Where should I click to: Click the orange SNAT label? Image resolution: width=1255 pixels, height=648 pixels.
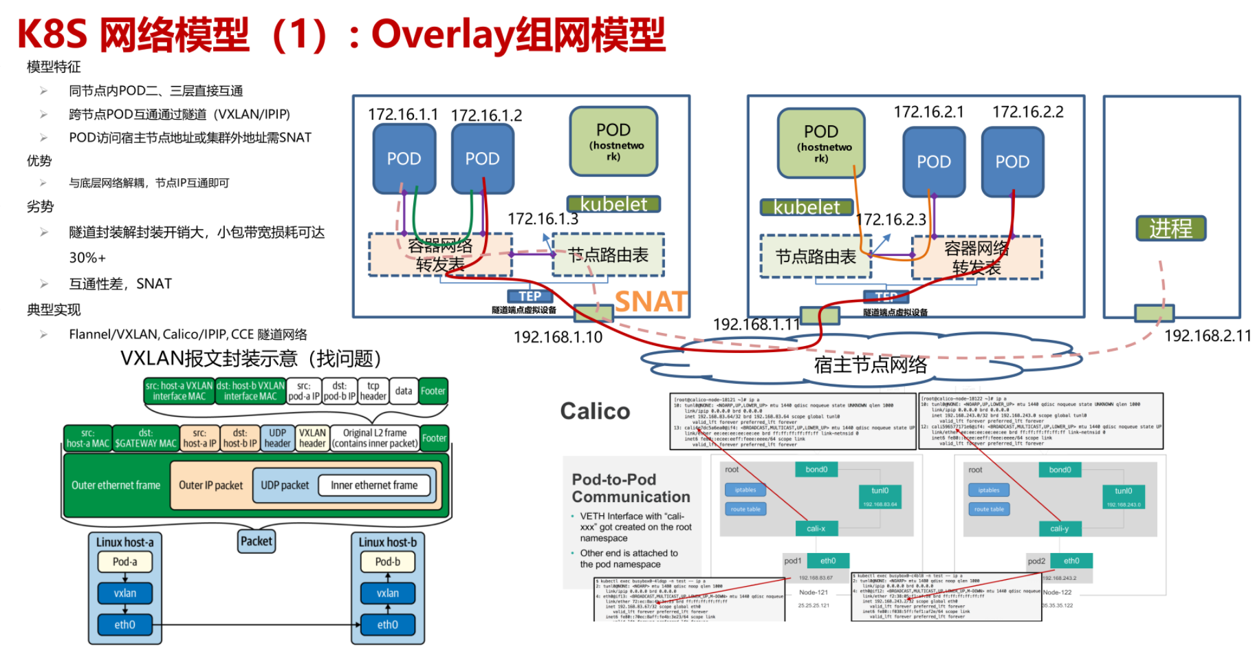[651, 301]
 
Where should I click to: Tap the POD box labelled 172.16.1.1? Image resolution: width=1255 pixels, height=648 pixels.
[404, 159]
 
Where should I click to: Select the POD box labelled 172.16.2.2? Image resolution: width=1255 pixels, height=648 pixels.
[1012, 162]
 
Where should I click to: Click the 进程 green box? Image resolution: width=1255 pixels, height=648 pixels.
[1170, 228]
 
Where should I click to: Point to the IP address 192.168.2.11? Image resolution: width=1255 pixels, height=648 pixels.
[1207, 336]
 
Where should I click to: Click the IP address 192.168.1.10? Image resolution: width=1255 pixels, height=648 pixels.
[558, 337]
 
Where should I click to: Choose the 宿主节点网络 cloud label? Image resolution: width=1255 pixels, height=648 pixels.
[870, 365]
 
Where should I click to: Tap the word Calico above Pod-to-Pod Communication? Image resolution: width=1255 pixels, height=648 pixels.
[595, 411]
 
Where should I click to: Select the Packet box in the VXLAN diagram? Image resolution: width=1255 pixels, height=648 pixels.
[257, 541]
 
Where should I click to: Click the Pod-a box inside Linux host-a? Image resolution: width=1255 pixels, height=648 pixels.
[124, 562]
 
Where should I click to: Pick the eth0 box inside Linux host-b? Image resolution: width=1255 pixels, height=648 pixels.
[387, 625]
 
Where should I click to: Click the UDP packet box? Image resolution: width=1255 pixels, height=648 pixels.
[285, 486]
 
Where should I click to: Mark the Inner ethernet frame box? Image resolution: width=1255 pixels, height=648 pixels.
[374, 486]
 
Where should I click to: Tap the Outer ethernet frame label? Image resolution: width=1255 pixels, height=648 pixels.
[116, 486]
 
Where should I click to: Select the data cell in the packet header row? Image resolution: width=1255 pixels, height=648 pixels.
[404, 391]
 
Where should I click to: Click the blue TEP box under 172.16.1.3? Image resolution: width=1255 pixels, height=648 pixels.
[530, 296]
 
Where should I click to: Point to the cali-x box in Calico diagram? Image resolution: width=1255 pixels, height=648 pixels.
[816, 528]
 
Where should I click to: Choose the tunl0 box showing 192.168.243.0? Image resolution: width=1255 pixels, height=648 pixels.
[1123, 495]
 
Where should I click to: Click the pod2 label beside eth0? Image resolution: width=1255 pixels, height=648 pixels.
[1036, 561]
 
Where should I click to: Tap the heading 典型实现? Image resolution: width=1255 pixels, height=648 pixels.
[54, 310]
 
